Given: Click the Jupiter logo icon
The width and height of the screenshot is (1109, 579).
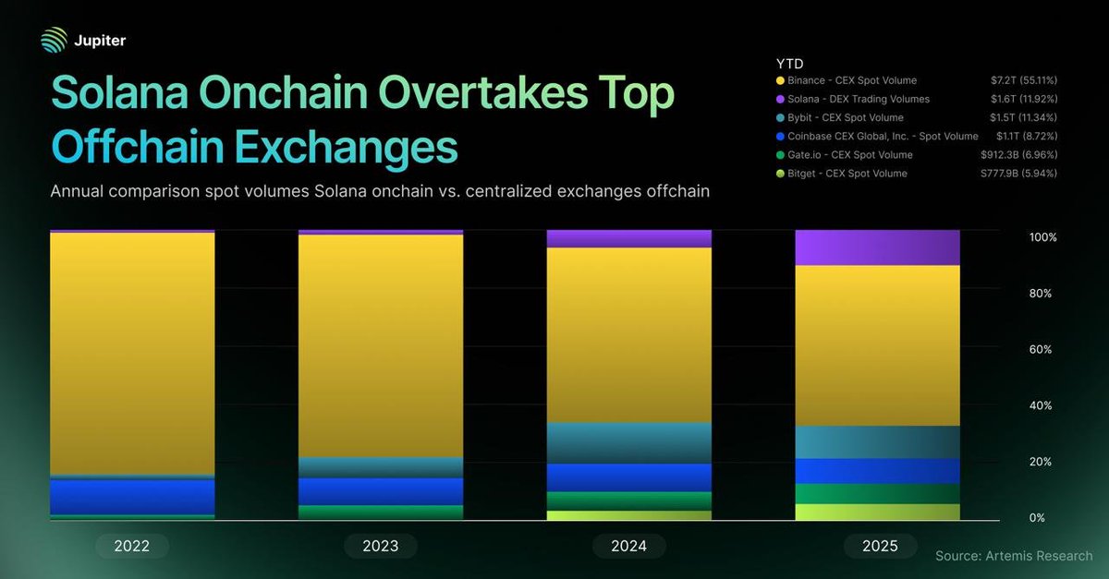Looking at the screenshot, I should tap(55, 41).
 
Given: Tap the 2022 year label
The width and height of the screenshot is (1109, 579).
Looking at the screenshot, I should tap(132, 546).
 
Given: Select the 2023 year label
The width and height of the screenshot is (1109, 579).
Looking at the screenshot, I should tap(381, 546).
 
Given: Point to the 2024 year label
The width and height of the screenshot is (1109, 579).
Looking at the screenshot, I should tap(628, 546).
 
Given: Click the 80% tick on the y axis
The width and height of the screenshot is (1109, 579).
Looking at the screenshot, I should tap(1041, 294).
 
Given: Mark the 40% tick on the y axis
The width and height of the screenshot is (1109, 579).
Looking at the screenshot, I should tap(1041, 406).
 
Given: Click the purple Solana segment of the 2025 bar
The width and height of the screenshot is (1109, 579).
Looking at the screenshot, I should tap(877, 247).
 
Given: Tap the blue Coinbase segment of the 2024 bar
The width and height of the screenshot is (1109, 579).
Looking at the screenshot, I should tap(628, 476).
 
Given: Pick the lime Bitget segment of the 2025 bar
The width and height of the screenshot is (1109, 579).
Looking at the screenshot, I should tap(877, 512).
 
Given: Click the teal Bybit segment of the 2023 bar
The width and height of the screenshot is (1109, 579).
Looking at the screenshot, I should tap(381, 466).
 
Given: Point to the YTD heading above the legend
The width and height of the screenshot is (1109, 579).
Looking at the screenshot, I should tap(788, 64).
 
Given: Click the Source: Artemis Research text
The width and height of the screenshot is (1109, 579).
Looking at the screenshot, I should tap(1013, 556).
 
